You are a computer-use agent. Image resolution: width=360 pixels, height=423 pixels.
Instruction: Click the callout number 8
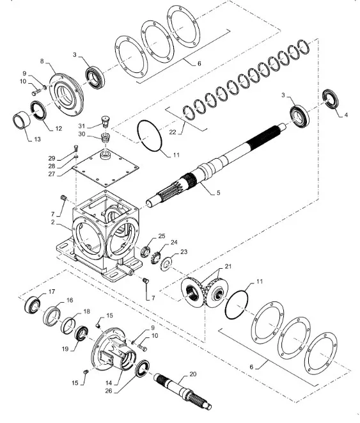pos(43,62)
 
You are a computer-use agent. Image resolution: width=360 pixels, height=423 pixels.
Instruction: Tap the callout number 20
pos(193,374)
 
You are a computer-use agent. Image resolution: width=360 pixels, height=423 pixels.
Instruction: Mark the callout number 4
pos(346,115)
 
